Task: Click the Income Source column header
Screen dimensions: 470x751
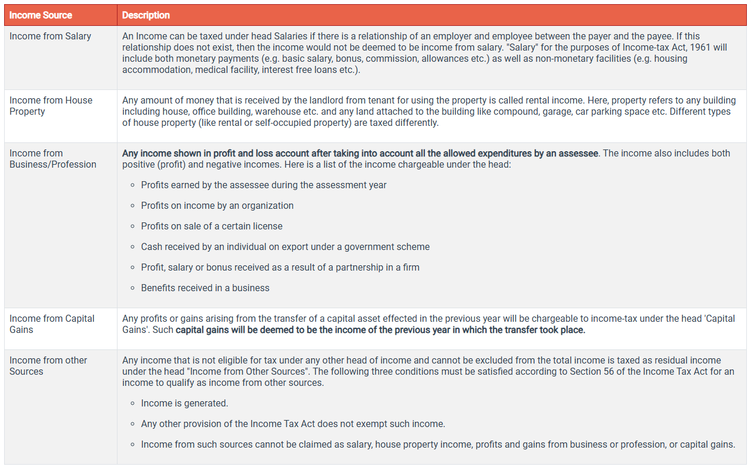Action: coord(41,15)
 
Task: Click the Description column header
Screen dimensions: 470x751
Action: coord(146,15)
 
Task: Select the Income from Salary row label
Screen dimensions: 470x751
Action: coord(51,36)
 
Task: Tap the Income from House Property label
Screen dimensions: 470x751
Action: coord(51,106)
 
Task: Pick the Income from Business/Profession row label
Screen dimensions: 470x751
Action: coord(53,159)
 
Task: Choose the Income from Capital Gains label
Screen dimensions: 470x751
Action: coord(52,324)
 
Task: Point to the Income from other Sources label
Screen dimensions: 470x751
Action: coord(48,366)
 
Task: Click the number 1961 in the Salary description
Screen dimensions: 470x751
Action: coord(669,48)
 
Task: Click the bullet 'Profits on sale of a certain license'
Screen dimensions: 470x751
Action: coord(212,226)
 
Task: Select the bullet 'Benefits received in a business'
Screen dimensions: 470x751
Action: coord(205,288)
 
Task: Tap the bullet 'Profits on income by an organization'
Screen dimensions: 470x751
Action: coord(217,206)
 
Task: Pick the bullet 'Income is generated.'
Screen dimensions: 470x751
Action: coord(185,404)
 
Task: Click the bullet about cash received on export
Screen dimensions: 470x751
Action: coord(285,247)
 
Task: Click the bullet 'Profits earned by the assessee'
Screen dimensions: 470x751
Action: coord(263,185)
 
